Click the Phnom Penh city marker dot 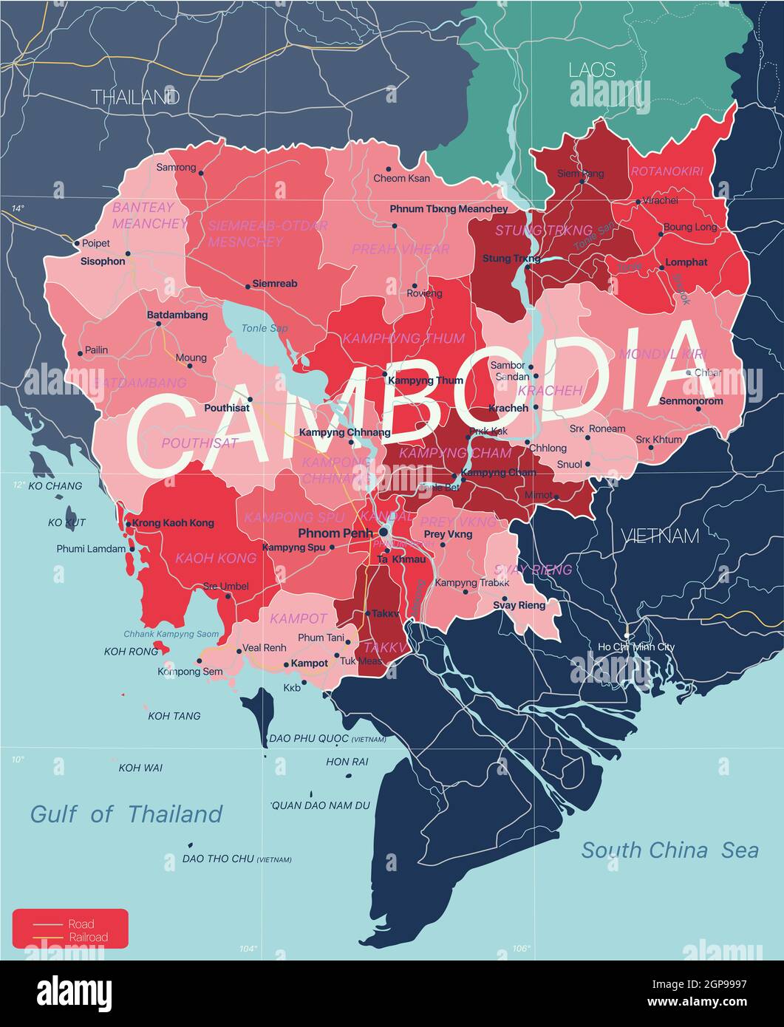(384, 532)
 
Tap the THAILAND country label (135, 97)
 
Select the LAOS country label (591, 70)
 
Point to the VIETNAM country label (659, 536)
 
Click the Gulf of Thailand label (126, 814)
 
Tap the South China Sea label (669, 850)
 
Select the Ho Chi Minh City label (635, 647)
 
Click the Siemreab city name (275, 284)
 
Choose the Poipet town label (96, 243)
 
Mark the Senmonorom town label (691, 401)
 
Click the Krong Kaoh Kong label (174, 523)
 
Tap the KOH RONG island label (131, 652)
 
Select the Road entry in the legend (81, 924)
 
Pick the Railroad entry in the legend (88, 938)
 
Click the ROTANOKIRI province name (667, 171)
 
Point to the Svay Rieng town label (519, 605)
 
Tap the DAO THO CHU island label (218, 859)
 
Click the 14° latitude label (18, 209)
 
